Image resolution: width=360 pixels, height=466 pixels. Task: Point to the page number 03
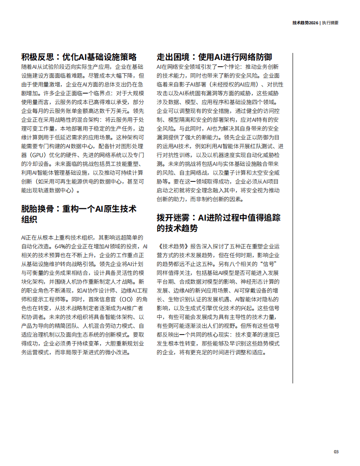tap(336, 451)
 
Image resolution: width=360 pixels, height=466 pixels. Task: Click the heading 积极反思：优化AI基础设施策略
tap(79, 57)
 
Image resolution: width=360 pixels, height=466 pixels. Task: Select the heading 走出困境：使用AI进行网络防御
tap(214, 57)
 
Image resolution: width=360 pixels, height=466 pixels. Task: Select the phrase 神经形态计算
tap(265, 282)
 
